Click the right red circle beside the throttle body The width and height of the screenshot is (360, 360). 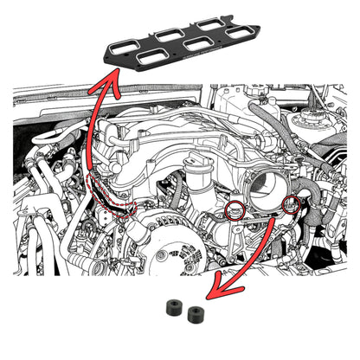coord(292,204)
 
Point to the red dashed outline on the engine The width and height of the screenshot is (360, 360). coord(111,196)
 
